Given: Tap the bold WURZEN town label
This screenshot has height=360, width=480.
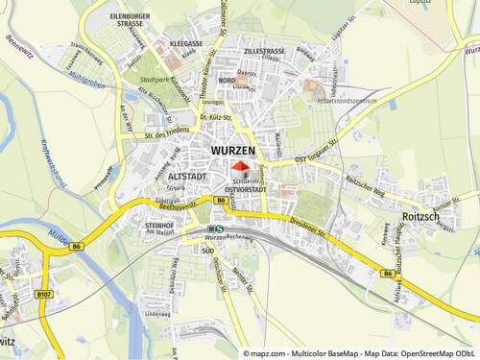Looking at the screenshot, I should coord(234,152).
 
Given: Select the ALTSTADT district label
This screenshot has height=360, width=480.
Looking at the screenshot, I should coord(184,178).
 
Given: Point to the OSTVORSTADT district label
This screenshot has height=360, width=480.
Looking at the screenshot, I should coord(244,191).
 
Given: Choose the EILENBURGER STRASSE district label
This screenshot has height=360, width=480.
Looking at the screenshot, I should coord(131,19).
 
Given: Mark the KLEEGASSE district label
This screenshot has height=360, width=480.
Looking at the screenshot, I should coord(185,44).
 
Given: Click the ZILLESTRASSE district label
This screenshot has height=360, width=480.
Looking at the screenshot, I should coord(264,50).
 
